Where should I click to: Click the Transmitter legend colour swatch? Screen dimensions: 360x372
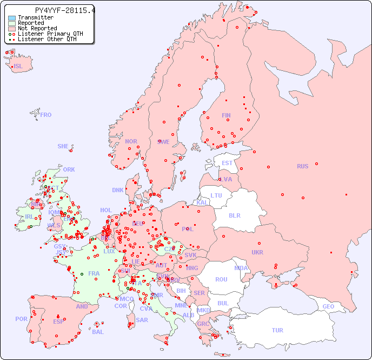tap(12, 18)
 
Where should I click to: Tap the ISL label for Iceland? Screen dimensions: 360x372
tap(18, 67)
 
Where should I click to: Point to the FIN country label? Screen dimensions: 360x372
tap(226, 115)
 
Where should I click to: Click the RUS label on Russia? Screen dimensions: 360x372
tap(302, 166)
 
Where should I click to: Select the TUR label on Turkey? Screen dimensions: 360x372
tap(277, 330)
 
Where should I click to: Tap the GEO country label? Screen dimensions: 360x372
tap(328, 306)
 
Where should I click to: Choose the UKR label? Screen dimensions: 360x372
tap(257, 252)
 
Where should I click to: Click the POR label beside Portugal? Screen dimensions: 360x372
tap(21, 319)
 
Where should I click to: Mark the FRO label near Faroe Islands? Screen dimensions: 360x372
tap(46, 115)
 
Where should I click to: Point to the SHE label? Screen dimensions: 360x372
tap(63, 146)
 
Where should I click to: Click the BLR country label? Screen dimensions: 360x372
tap(235, 215)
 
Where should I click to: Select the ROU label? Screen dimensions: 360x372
tap(221, 279)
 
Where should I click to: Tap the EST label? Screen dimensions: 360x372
tap(227, 163)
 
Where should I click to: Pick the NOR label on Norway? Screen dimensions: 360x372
tap(131, 141)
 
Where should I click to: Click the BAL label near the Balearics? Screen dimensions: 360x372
tap(98, 332)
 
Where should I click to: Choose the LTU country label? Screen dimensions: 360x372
tap(216, 195)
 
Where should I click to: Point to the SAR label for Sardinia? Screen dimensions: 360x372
tap(142, 319)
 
